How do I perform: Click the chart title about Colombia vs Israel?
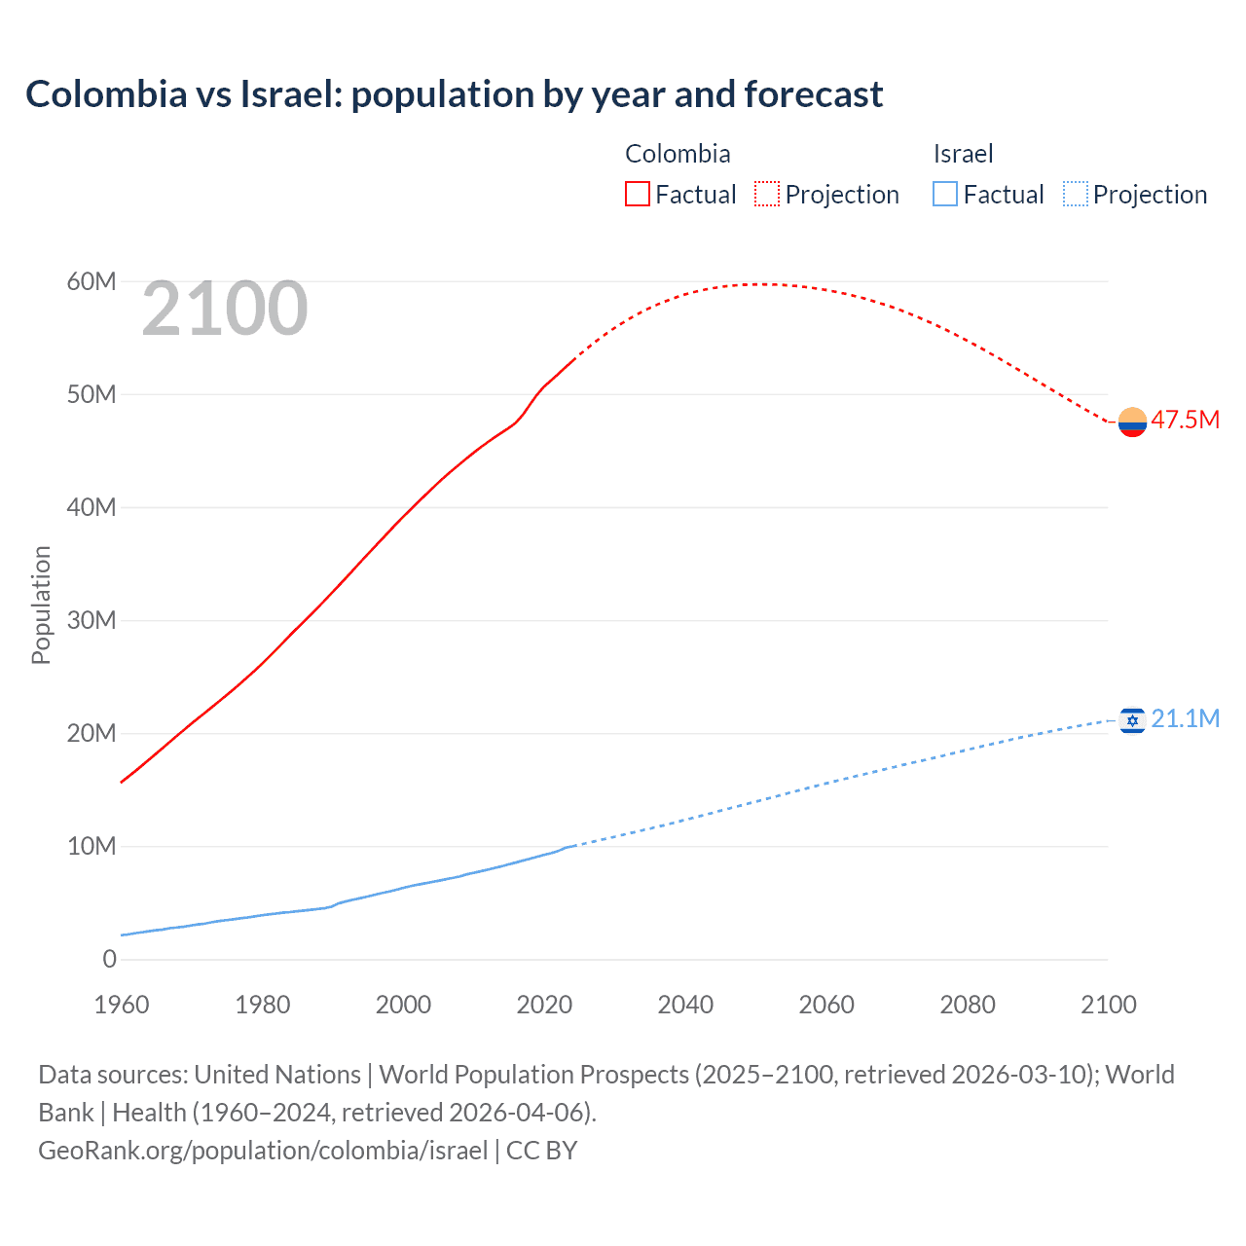454,94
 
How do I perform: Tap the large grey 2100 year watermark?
225,309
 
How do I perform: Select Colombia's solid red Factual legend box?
637,195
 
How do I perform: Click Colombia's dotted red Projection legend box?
766,195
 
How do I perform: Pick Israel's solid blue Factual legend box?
944,195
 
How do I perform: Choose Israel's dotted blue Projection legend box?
1075,195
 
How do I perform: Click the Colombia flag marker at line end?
1132,421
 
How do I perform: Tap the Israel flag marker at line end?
1132,720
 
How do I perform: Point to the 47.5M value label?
1185,420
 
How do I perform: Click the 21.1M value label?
1185,718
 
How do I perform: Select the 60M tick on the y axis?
92,281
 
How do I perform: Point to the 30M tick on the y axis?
92,620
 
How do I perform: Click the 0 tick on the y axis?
109,959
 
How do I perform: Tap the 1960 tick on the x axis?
122,1005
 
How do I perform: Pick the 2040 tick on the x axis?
685,1005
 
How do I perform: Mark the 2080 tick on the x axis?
968,1005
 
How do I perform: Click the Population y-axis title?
41,605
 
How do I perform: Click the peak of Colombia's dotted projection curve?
765,284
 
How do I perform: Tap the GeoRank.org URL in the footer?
263,1151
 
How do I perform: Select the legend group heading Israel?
963,154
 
